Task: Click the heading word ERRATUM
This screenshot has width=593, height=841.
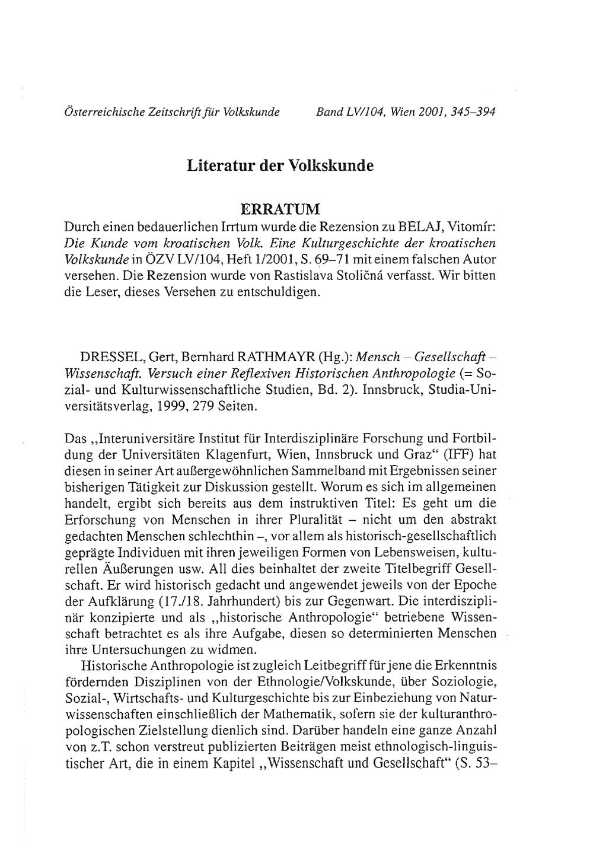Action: (280, 209)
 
